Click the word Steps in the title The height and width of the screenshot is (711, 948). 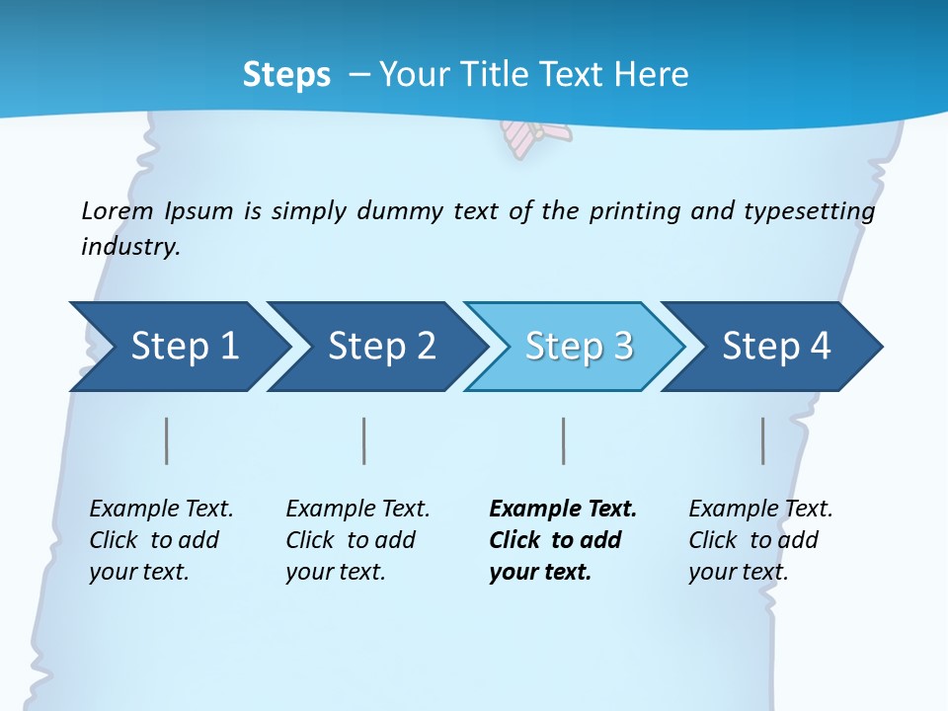click(286, 75)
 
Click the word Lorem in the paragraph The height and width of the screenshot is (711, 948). click(118, 211)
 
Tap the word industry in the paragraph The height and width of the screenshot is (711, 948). click(130, 246)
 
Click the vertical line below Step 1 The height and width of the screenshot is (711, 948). click(167, 440)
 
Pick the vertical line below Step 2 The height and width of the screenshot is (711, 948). click(364, 440)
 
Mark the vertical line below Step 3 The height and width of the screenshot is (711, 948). click(564, 440)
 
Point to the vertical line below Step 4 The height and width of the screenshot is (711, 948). click(763, 440)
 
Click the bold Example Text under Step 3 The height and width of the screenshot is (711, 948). click(563, 510)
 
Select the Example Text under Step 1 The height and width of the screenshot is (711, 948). click(161, 510)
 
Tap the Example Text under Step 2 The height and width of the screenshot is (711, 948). click(357, 510)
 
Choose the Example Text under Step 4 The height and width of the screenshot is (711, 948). click(760, 510)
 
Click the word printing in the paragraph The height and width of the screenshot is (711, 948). click(633, 211)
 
